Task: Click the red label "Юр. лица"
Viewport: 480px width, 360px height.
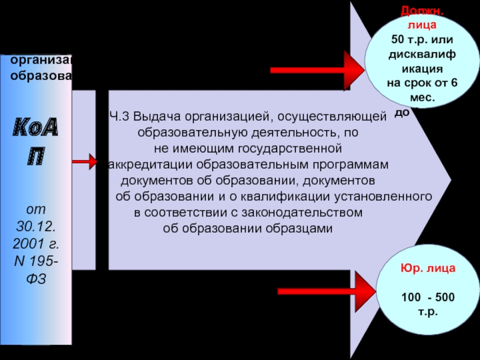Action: (x=419, y=269)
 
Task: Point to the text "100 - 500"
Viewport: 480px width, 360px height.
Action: (x=419, y=298)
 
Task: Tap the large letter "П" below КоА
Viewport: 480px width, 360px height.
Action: (x=35, y=158)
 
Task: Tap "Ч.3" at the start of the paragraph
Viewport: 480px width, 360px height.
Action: (x=119, y=116)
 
